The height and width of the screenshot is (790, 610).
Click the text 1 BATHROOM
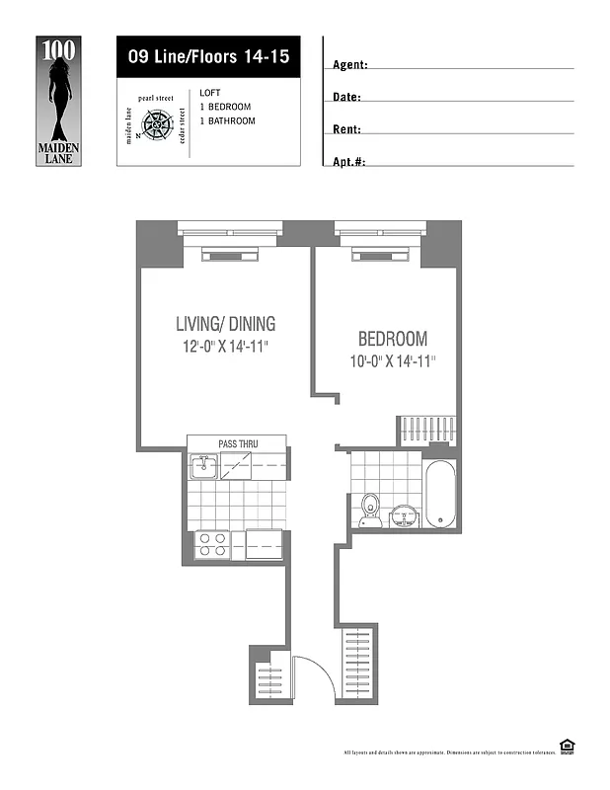[227, 121]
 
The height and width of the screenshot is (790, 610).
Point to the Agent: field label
[350, 65]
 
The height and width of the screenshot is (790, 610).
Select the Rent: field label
[346, 129]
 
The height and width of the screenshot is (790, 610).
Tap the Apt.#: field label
[349, 161]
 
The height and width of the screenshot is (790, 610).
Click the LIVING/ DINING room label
[225, 324]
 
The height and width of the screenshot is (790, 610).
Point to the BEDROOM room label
[393, 338]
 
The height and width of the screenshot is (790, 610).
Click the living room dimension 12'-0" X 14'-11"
[225, 347]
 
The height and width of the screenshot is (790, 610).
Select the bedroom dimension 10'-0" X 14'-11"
[393, 361]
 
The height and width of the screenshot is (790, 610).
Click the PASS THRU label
[238, 443]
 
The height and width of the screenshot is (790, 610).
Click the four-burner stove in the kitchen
[212, 543]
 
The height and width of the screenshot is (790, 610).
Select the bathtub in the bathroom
[439, 494]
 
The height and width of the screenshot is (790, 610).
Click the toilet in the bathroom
[370, 509]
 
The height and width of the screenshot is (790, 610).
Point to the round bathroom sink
[405, 515]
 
